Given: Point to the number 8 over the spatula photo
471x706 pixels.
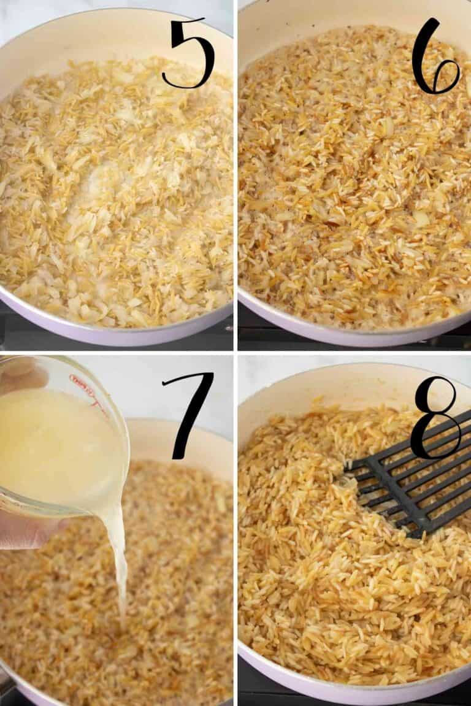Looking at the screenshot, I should (435, 417).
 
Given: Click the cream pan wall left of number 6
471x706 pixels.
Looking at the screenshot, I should (343, 12).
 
